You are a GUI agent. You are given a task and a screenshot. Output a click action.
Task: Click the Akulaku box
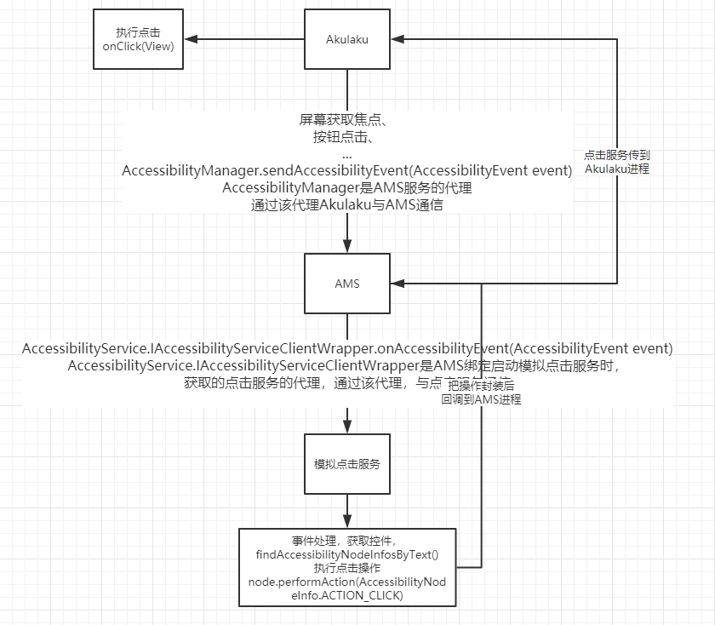pyautogui.click(x=347, y=39)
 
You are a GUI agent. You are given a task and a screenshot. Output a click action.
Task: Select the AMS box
pyautogui.click(x=347, y=284)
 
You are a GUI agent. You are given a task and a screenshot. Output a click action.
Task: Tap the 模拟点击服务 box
pyautogui.click(x=347, y=464)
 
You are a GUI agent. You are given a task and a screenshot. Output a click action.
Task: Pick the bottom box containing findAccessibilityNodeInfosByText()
pyautogui.click(x=347, y=566)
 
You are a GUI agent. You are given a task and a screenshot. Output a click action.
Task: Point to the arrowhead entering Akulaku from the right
pyautogui.click(x=398, y=39)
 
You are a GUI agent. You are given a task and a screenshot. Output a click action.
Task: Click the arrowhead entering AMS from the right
pyautogui.click(x=398, y=283)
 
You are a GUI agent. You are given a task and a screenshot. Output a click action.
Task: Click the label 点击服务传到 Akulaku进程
pyautogui.click(x=617, y=163)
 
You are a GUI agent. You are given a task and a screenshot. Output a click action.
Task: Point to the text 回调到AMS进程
pyautogui.click(x=481, y=399)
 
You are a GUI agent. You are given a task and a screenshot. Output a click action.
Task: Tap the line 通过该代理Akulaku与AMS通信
pyautogui.click(x=347, y=204)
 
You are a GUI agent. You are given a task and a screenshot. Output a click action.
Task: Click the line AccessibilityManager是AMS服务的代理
pyautogui.click(x=347, y=187)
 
